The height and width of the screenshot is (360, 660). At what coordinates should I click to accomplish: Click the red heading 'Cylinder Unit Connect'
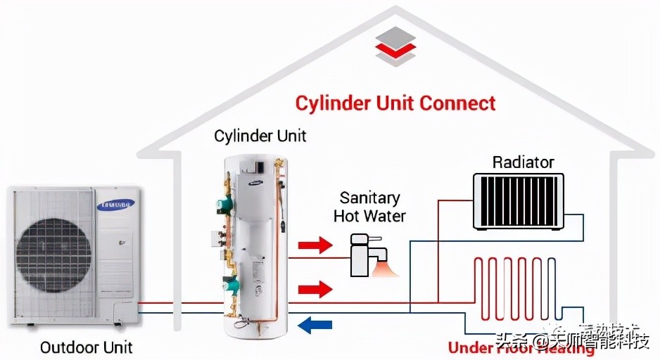pyautogui.click(x=395, y=103)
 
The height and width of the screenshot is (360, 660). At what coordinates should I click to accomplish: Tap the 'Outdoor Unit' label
pyautogui.click(x=86, y=347)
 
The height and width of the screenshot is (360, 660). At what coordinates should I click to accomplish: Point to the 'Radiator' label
pyautogui.click(x=523, y=162)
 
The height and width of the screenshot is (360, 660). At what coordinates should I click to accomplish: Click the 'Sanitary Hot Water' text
pyautogui.click(x=369, y=207)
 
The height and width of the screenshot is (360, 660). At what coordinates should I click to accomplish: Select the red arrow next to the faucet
pyautogui.click(x=315, y=245)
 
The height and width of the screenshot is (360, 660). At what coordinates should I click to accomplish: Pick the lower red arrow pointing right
pyautogui.click(x=315, y=288)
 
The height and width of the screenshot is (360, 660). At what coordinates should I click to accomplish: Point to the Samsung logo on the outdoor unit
pyautogui.click(x=113, y=205)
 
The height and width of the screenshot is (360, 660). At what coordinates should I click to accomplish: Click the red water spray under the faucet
pyautogui.click(x=386, y=269)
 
